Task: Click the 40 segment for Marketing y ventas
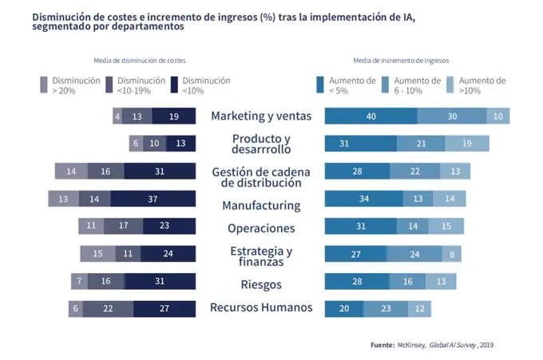[x=371, y=116]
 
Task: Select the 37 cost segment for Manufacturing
[x=153, y=199]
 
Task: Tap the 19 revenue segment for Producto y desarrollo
[x=467, y=144]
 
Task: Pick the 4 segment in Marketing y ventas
[x=117, y=116]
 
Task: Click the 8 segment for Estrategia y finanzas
[x=452, y=254]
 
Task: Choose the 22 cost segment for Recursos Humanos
[x=108, y=309]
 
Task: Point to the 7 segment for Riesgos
[x=79, y=281]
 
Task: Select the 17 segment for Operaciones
[x=123, y=226]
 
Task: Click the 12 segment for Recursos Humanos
[x=419, y=309]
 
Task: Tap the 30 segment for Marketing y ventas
[x=452, y=116]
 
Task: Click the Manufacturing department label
[x=261, y=205]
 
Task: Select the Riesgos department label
[x=261, y=284]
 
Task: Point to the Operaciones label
[x=261, y=228]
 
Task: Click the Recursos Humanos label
[x=261, y=307]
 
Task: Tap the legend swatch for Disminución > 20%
[x=44, y=85]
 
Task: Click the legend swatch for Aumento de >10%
[x=450, y=85]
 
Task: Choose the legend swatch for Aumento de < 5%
[x=320, y=85]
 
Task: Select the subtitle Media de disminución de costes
[x=140, y=61]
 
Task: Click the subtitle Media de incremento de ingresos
[x=401, y=61]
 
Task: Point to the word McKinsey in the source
[x=411, y=345]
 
